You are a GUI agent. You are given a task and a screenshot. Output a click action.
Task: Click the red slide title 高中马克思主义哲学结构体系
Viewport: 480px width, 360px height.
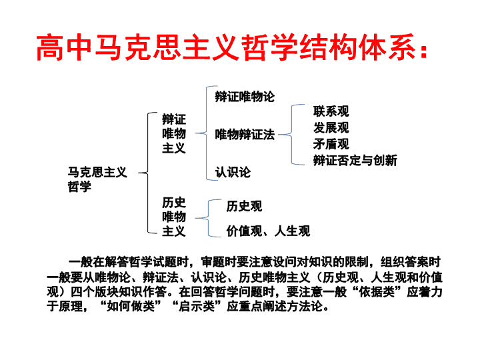tap(232, 47)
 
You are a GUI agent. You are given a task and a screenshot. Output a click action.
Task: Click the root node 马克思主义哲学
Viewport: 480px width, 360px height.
tap(97, 179)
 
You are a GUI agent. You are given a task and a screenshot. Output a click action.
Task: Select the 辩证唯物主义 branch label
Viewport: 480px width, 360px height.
tap(174, 133)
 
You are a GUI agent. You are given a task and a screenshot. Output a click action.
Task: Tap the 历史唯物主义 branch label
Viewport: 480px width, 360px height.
tap(174, 217)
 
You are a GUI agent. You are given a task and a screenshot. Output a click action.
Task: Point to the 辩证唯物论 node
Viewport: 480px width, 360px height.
tap(245, 97)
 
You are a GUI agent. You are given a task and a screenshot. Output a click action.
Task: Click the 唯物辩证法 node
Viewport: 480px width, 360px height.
tap(245, 135)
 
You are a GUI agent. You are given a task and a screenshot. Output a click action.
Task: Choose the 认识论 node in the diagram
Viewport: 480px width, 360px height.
tap(233, 172)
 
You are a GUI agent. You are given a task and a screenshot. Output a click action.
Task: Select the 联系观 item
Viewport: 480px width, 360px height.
tap(331, 111)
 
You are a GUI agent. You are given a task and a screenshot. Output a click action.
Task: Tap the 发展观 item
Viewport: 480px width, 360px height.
tap(331, 127)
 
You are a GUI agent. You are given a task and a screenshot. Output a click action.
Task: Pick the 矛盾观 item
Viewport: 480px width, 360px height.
tap(331, 144)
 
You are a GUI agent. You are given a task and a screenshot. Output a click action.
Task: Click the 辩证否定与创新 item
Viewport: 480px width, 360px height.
tap(355, 161)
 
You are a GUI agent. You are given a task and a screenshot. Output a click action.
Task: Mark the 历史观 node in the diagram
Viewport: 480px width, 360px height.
tap(244, 206)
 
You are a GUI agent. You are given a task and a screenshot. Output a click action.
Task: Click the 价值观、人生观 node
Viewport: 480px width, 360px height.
tap(268, 231)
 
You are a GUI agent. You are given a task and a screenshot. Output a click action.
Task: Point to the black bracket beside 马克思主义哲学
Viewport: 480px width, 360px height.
tap(148, 173)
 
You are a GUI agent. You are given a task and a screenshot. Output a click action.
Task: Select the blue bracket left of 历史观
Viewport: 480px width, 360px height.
tap(208, 218)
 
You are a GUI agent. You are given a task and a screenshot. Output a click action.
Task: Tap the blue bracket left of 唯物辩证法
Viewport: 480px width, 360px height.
tap(206, 133)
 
